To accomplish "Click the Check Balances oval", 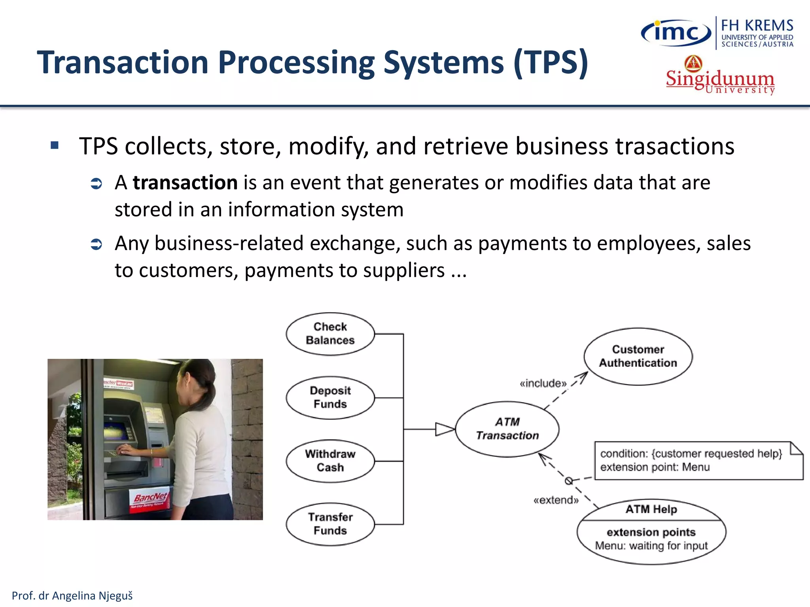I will coord(330,334).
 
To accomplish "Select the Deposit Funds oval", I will coord(330,397).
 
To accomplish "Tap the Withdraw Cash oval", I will coord(330,461).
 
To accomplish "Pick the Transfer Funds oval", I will coord(330,524).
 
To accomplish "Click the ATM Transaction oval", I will coord(507,429).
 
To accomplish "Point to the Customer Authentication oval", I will coord(638,356).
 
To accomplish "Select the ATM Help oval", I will coord(651,532).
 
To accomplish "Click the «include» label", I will coord(543,383).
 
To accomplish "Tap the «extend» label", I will coord(556,500).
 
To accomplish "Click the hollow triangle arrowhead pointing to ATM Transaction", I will coord(444,429).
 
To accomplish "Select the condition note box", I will coord(698,460).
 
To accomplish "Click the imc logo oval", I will coord(676,32).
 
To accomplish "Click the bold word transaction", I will coord(185,183).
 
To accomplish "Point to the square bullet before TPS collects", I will coord(55,145).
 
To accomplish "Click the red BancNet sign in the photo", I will coord(151,500).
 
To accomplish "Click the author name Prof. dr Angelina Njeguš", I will coord(72,596).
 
